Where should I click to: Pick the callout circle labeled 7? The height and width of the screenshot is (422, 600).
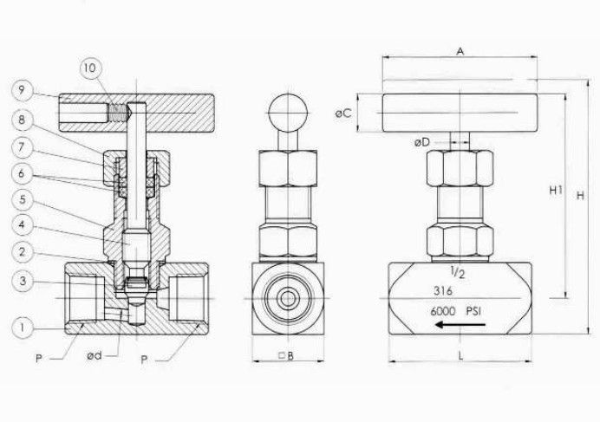point(23,147)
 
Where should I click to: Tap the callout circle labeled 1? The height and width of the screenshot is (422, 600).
point(23,327)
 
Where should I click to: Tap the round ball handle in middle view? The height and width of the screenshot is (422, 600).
point(288,110)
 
